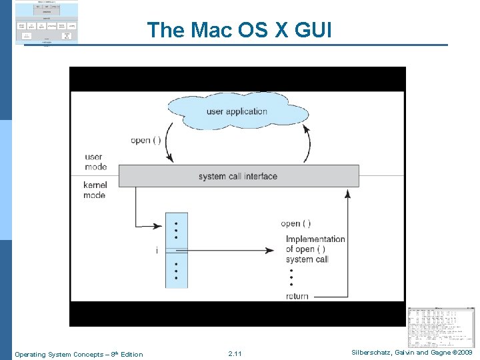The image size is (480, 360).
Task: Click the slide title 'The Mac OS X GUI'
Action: pyautogui.click(x=239, y=30)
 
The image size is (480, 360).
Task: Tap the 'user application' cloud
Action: pyautogui.click(x=237, y=111)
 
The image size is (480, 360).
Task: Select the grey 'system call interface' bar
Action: pyautogui.click(x=238, y=176)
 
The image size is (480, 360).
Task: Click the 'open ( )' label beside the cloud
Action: pyautogui.click(x=145, y=140)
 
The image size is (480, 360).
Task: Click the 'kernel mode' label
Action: pyautogui.click(x=94, y=190)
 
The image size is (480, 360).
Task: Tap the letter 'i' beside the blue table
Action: pyautogui.click(x=157, y=251)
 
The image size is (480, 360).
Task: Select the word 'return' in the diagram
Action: pyautogui.click(x=297, y=296)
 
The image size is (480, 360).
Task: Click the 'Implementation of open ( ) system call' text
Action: pyautogui.click(x=315, y=249)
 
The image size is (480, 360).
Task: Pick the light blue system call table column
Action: pyautogui.click(x=177, y=251)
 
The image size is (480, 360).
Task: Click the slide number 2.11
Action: pyautogui.click(x=235, y=353)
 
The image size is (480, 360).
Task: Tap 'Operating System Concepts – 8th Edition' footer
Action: pyautogui.click(x=78, y=353)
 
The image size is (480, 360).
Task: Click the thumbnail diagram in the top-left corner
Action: pyautogui.click(x=46, y=23)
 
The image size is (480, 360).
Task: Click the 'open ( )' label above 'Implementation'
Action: pyautogui.click(x=295, y=223)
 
